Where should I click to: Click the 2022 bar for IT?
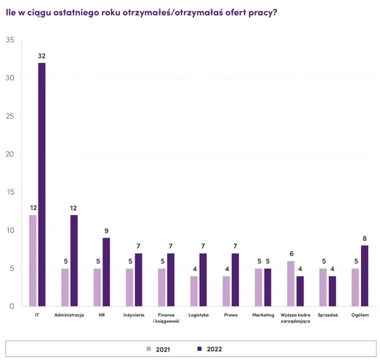click(42, 185)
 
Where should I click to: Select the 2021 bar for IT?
click(33, 261)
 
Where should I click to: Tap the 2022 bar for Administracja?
click(74, 261)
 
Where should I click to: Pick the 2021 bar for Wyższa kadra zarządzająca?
click(291, 283)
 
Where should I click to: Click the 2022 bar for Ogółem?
click(365, 276)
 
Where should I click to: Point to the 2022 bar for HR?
click(106, 272)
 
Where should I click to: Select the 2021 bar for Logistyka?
click(194, 291)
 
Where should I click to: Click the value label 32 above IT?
click(42, 55)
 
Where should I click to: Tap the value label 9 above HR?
click(106, 231)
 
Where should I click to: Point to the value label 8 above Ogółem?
click(365, 238)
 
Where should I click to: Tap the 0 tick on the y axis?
click(12, 307)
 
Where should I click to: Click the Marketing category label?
click(263, 315)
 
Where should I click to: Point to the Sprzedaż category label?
click(327, 315)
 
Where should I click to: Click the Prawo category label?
click(231, 315)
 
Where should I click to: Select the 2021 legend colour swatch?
click(149, 349)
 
